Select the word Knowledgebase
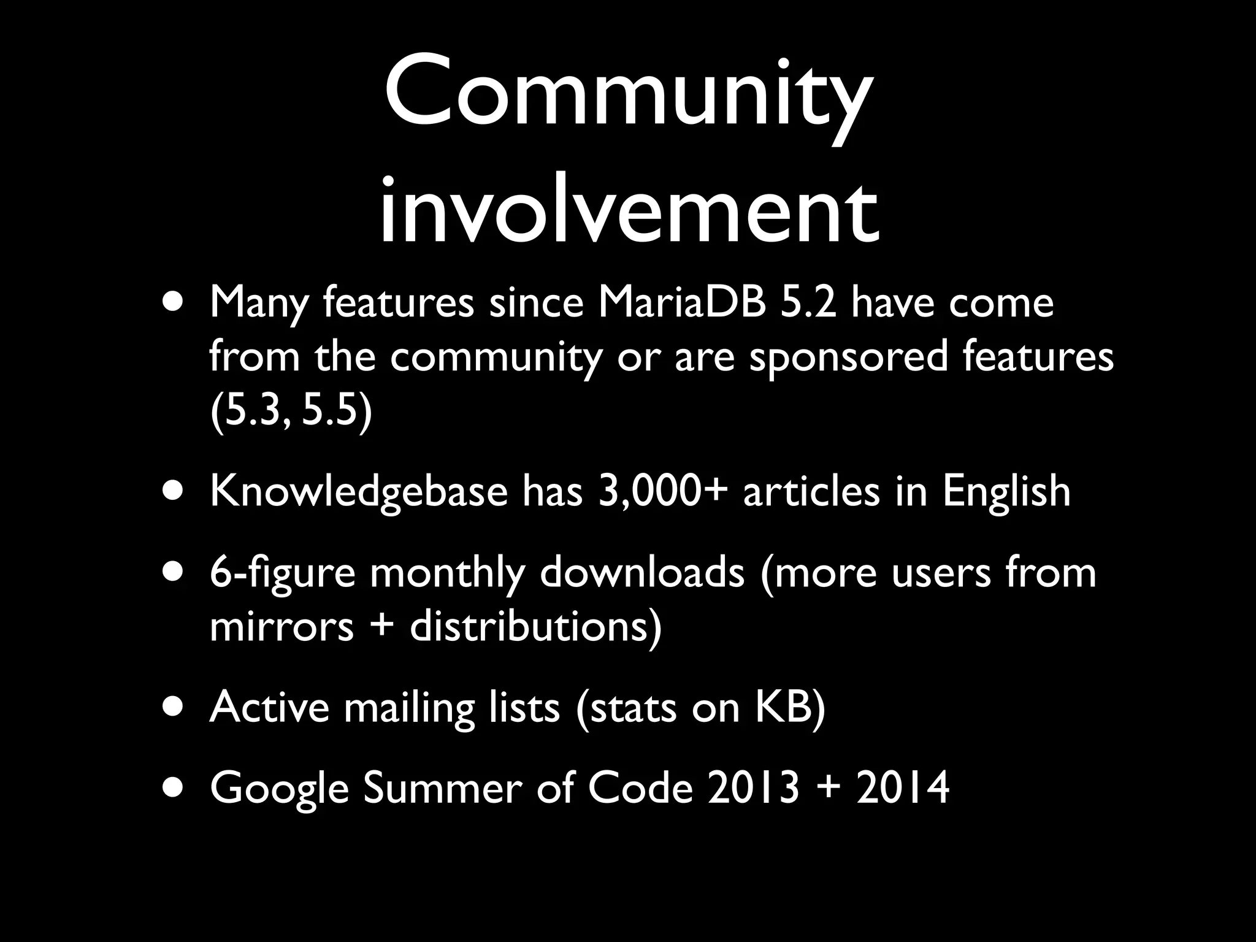tap(359, 492)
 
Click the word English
tap(1006, 492)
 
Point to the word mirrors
tap(281, 627)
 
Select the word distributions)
tap(536, 627)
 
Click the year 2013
tap(754, 788)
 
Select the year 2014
tap(903, 788)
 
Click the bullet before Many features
tap(176, 304)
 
